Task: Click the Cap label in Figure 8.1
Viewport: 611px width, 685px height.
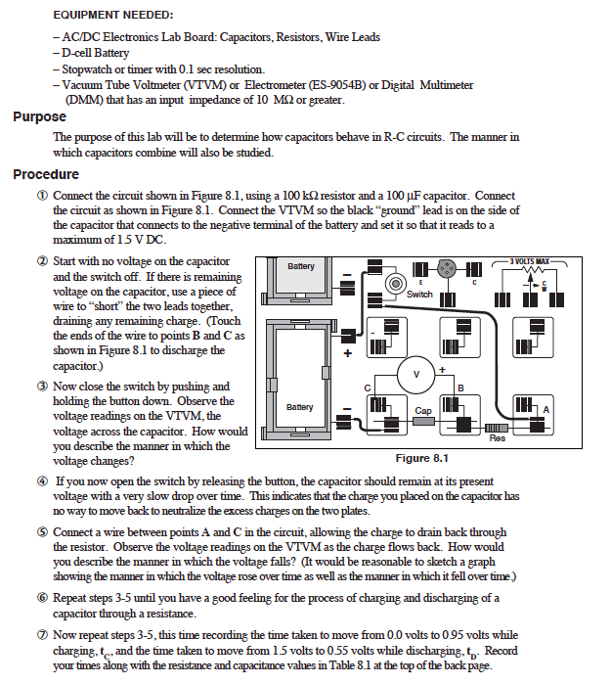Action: pyautogui.click(x=423, y=411)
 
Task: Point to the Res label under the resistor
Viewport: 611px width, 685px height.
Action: pyautogui.click(x=498, y=439)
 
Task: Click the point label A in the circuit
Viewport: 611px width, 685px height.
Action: pyautogui.click(x=546, y=408)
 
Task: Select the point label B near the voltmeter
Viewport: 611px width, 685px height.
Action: pyautogui.click(x=460, y=389)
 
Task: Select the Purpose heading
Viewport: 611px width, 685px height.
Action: pyautogui.click(x=39, y=117)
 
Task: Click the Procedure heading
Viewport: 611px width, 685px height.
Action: pyautogui.click(x=45, y=175)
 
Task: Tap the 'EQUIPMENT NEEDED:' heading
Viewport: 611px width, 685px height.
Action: pyautogui.click(x=112, y=15)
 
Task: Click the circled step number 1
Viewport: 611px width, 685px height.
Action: pyautogui.click(x=42, y=196)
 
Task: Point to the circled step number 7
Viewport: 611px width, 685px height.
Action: pyautogui.click(x=42, y=635)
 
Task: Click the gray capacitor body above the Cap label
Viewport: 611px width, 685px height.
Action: pyautogui.click(x=423, y=424)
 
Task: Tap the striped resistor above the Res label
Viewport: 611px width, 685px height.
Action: pyautogui.click(x=495, y=429)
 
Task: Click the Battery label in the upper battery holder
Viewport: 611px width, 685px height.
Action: pyautogui.click(x=302, y=266)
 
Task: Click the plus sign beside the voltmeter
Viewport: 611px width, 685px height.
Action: pyautogui.click(x=442, y=369)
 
